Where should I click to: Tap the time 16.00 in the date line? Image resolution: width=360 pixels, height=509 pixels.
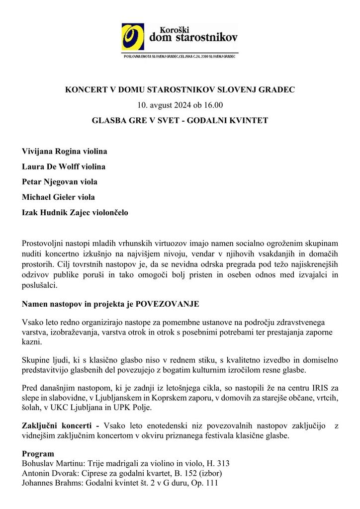(x=213, y=105)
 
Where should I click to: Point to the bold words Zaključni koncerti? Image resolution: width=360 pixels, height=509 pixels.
(x=58, y=426)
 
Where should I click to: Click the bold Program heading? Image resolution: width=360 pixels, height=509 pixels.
(x=38, y=454)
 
